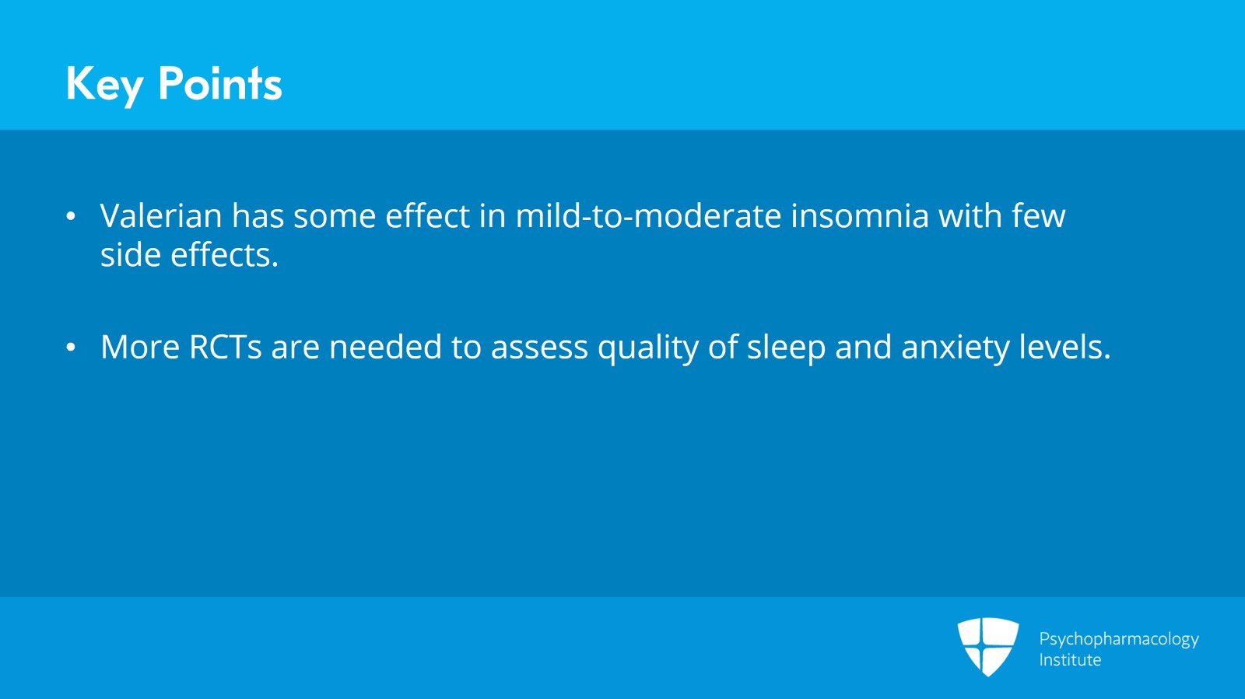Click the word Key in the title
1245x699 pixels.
click(x=105, y=86)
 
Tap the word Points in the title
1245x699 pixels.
click(x=220, y=83)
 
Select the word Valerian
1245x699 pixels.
click(x=161, y=215)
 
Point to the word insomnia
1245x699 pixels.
click(x=860, y=215)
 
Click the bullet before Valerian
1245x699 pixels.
click(x=71, y=216)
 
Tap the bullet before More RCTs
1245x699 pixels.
click(x=71, y=348)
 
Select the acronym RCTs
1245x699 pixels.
click(x=225, y=347)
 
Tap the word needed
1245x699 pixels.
click(x=385, y=347)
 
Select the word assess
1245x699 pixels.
click(x=539, y=348)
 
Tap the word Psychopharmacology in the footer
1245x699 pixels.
click(x=1119, y=640)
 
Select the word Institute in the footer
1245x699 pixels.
click(x=1070, y=659)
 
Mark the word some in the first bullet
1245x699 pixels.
click(x=335, y=215)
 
